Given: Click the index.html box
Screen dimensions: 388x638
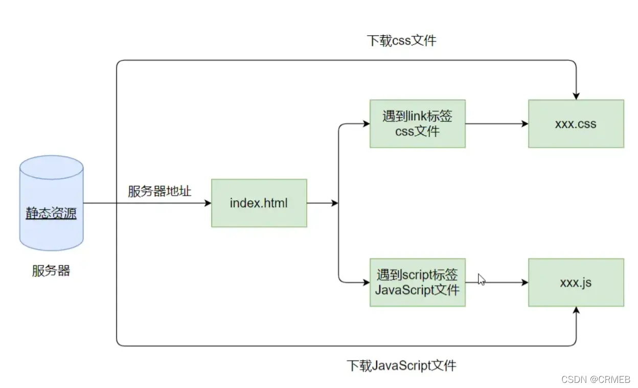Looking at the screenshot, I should [259, 203].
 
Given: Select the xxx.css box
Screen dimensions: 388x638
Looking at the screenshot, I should [576, 124].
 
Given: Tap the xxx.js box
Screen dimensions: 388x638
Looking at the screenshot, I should [576, 283].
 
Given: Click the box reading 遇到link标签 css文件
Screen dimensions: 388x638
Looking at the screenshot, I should [417, 124].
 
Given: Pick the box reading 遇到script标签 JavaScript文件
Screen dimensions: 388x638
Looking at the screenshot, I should [417, 283].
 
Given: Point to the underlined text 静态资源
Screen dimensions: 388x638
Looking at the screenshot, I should [51, 213].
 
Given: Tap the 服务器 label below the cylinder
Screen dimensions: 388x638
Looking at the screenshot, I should [51, 271].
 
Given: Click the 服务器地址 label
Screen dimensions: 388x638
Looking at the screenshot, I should [159, 191].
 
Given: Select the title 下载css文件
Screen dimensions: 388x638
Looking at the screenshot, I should [402, 40].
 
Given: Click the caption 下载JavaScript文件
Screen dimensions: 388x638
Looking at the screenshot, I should [401, 365].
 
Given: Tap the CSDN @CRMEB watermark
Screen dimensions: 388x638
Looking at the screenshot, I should [596, 379].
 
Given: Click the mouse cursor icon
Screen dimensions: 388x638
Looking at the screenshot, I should [481, 279].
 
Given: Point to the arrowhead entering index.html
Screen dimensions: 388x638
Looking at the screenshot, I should [208, 203].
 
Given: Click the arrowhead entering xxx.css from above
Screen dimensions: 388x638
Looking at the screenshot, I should [576, 96].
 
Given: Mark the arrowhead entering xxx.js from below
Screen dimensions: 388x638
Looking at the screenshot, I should [576, 310].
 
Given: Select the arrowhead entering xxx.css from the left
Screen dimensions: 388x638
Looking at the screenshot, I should [525, 124].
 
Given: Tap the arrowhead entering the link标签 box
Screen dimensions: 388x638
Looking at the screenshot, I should [366, 124].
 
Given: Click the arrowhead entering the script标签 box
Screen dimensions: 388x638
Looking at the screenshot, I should [366, 283].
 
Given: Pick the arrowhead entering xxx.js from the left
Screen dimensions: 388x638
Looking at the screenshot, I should [525, 283].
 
